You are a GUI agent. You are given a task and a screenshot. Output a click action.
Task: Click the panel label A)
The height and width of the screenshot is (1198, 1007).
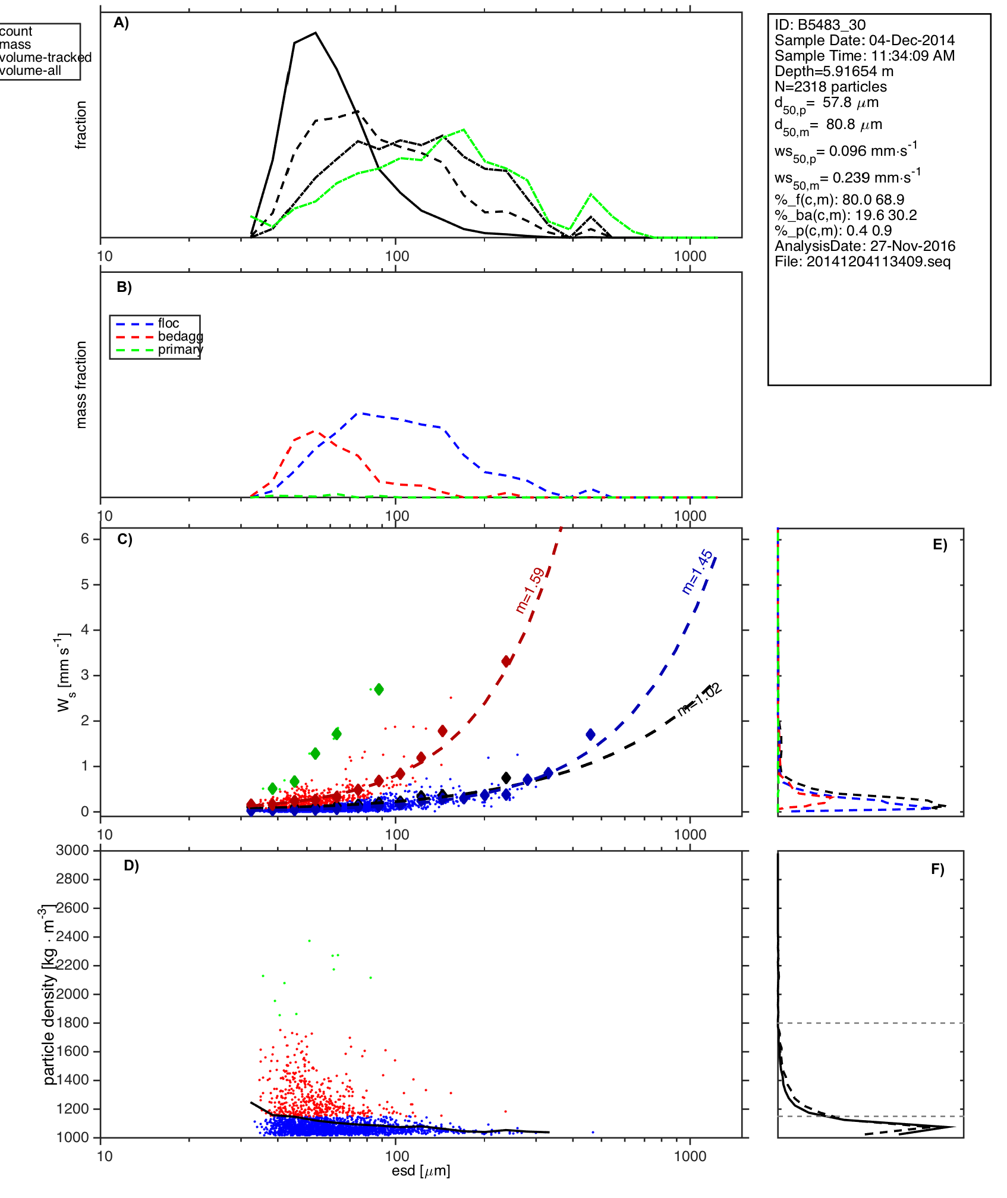point(121,23)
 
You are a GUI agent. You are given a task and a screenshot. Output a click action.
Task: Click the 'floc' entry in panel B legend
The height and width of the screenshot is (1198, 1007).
point(168,323)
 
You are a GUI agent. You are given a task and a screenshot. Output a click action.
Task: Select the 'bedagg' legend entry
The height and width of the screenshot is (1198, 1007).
point(180,337)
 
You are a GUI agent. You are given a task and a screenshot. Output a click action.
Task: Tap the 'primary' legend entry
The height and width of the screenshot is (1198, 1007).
point(180,350)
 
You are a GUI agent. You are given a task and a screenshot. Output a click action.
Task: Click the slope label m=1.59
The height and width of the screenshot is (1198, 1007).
point(530,590)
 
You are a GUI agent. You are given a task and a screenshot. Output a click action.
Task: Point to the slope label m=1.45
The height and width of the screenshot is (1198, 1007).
point(697,571)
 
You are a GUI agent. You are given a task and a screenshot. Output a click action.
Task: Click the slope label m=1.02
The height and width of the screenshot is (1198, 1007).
point(700,699)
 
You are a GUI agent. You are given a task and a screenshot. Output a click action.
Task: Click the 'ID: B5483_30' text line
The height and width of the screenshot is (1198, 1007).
point(820,25)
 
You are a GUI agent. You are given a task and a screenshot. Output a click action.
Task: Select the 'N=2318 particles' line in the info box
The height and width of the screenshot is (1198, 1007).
point(830,87)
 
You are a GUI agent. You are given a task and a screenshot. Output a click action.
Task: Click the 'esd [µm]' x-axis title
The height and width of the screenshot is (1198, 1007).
point(421,1171)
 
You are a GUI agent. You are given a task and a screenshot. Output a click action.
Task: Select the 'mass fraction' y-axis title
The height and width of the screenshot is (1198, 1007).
point(81,385)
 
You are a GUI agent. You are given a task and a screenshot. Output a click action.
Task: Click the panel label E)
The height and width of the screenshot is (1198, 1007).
point(940,545)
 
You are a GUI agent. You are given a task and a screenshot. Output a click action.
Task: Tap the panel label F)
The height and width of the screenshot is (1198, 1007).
point(937,869)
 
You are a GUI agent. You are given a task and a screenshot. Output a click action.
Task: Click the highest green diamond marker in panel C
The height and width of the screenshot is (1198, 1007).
point(379,689)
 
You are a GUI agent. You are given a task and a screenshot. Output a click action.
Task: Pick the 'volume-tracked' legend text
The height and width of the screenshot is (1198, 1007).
point(46,58)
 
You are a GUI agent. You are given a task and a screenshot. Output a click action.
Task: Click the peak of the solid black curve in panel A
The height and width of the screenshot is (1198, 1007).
point(316,33)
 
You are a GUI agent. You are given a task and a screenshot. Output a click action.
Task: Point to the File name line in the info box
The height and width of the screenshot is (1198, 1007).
point(863,262)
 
